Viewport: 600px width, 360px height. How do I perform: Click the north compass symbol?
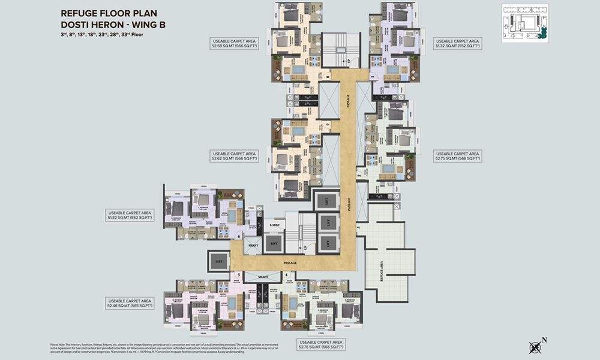[x=535, y=346]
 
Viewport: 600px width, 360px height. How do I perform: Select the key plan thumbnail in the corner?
[x=525, y=23]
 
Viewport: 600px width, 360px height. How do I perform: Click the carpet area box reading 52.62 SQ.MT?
[x=233, y=156]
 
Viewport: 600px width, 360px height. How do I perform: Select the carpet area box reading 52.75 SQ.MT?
[x=457, y=156]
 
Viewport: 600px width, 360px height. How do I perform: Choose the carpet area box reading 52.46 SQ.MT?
[x=130, y=304]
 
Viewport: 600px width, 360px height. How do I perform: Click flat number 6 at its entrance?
[x=239, y=236]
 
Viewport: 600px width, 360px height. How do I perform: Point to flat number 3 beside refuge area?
[x=358, y=227]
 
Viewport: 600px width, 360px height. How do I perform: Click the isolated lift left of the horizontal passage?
[x=217, y=261]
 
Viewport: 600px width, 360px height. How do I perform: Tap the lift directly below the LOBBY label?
[x=274, y=242]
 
